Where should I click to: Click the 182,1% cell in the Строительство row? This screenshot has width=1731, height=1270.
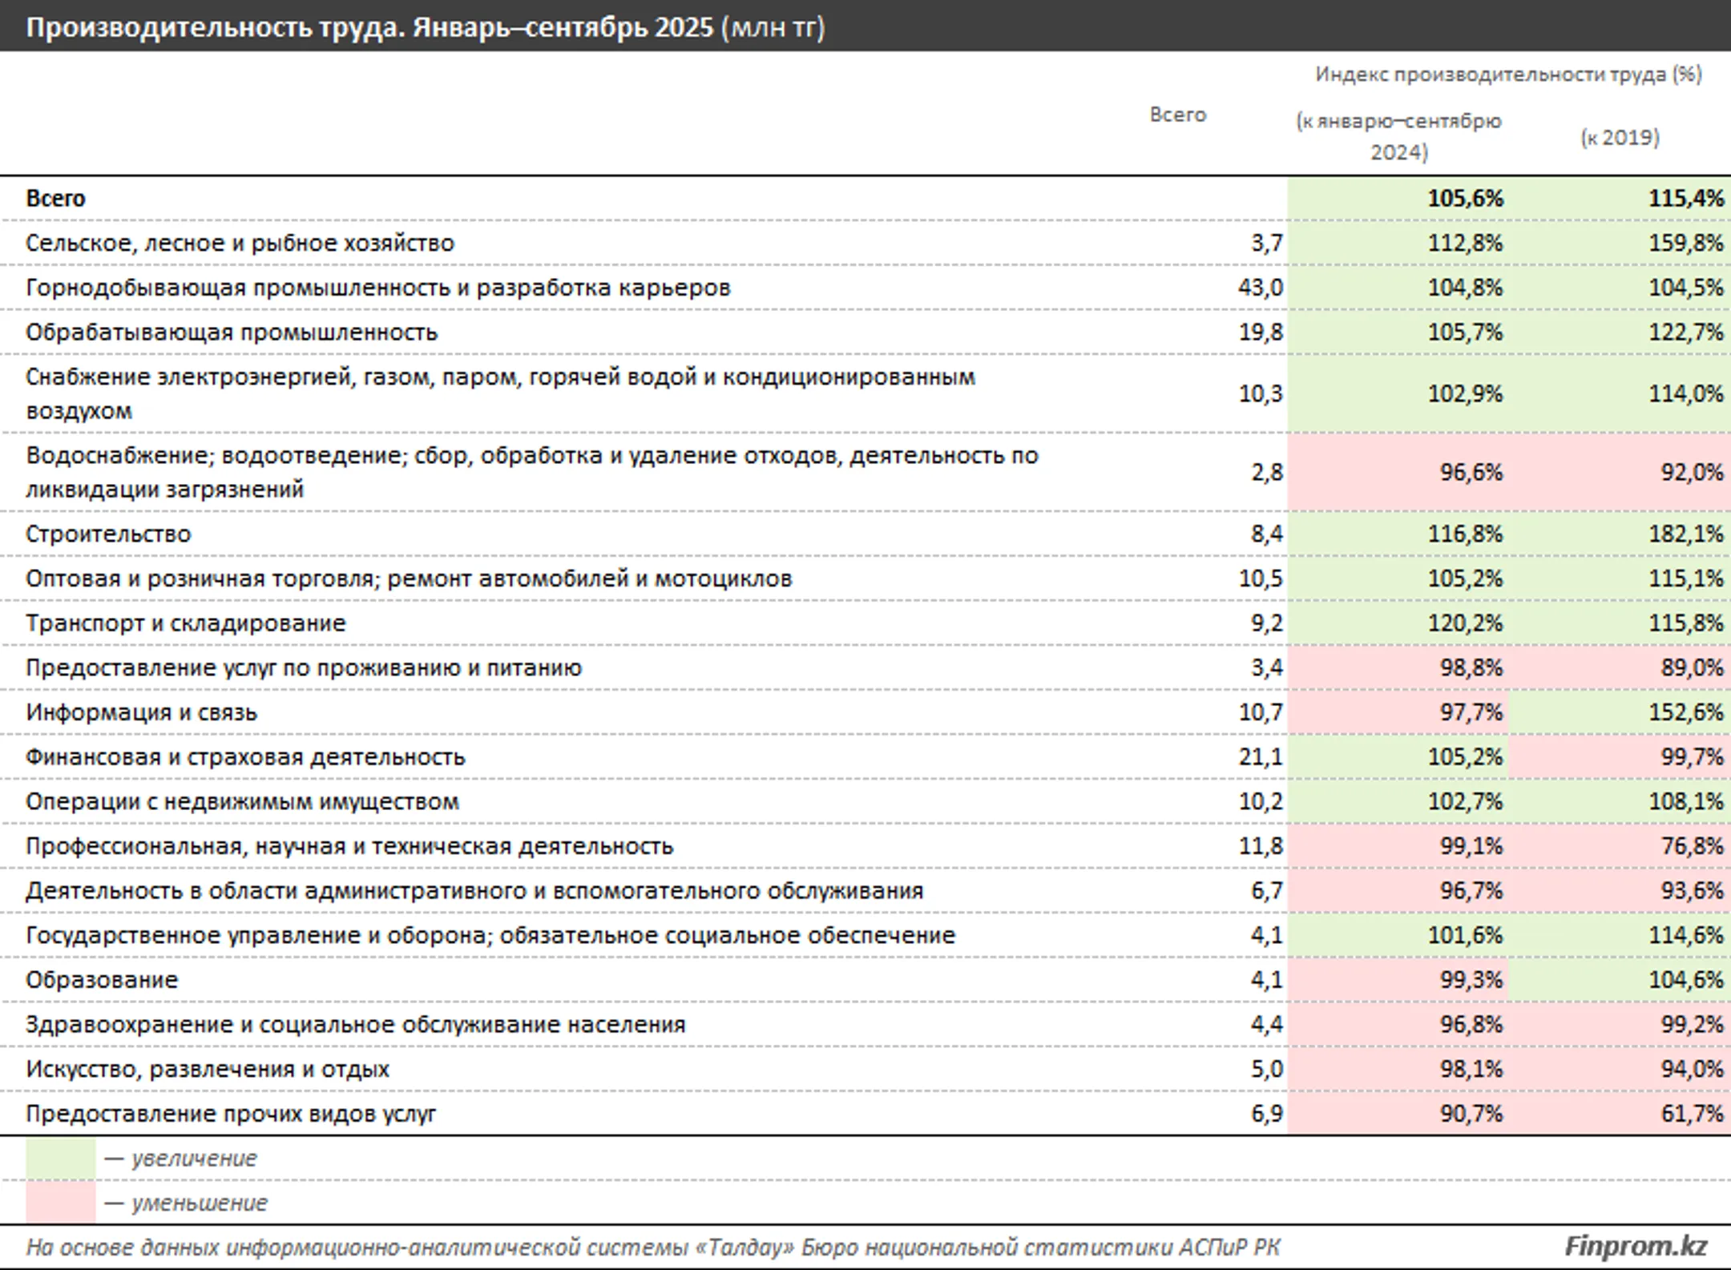[1685, 534]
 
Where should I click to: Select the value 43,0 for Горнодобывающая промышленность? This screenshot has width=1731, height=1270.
[1261, 288]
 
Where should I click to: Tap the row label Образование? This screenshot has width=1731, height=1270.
[102, 980]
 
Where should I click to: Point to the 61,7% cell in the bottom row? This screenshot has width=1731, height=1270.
[1692, 1114]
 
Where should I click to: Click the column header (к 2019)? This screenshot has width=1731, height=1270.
[1620, 138]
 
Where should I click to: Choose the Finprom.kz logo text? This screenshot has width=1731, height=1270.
[1636, 1246]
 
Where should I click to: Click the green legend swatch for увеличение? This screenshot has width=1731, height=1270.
[61, 1159]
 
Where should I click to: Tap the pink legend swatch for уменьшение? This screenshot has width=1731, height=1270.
[61, 1203]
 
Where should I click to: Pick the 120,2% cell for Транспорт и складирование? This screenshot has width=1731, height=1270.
[1465, 623]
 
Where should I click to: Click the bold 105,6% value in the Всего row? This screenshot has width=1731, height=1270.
[1465, 199]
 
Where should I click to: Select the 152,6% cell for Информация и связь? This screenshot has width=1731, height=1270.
[1685, 712]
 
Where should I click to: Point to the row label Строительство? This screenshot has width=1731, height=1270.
[108, 534]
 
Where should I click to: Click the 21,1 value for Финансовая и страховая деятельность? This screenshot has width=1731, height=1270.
[1261, 757]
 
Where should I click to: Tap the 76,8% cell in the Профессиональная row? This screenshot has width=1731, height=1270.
[1692, 846]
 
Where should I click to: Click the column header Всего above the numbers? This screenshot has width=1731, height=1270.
[1178, 115]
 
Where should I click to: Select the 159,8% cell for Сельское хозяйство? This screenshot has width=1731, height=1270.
[1685, 244]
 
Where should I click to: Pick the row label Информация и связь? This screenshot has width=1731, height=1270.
[141, 713]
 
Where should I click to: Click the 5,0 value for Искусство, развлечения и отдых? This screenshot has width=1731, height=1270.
[1267, 1069]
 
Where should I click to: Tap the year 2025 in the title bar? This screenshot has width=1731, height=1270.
[684, 28]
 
